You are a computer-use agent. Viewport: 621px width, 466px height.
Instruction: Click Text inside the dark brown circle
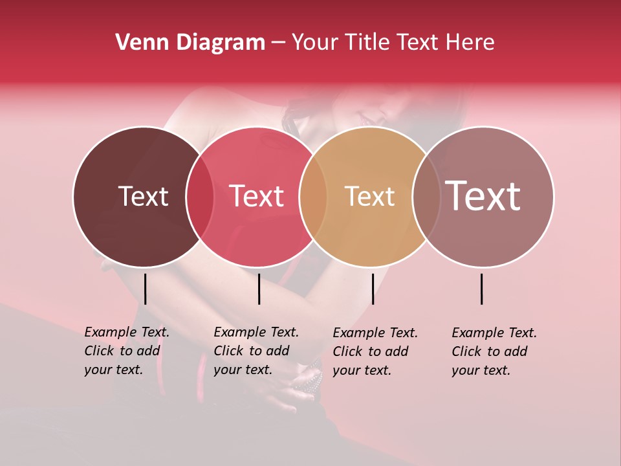click(143, 196)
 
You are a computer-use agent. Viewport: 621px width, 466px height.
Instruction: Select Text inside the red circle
click(257, 196)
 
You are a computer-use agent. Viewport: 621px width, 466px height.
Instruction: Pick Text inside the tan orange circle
click(369, 196)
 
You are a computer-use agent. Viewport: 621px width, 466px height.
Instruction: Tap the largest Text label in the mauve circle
click(483, 195)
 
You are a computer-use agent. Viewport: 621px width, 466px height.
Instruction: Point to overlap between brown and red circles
click(200, 197)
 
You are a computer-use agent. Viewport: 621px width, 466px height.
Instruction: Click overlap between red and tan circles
click(313, 197)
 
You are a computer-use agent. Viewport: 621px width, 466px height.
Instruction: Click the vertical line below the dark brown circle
click(145, 289)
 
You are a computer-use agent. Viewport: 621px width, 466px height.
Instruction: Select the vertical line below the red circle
click(259, 289)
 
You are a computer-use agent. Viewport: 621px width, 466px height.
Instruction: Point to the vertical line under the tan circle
click(373, 289)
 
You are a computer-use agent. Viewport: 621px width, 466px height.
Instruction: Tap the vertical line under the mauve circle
click(482, 289)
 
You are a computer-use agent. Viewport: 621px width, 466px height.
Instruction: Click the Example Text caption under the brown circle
click(126, 351)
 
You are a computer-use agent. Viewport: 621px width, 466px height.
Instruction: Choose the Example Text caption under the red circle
click(256, 351)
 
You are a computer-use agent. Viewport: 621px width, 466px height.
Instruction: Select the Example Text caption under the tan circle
click(375, 351)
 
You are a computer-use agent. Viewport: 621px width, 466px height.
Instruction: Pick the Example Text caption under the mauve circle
click(494, 351)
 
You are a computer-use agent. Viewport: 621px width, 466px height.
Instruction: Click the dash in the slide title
click(278, 43)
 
